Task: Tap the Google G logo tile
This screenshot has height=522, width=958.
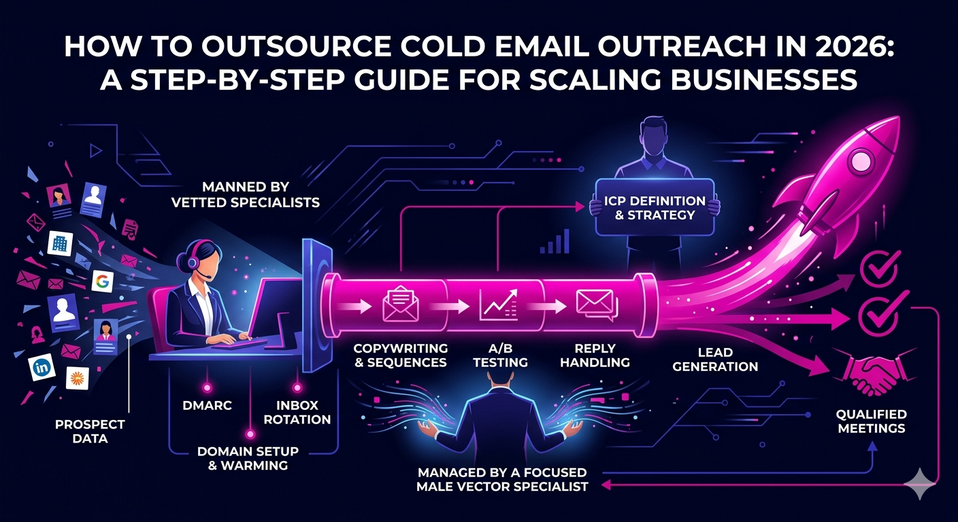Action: tap(103, 281)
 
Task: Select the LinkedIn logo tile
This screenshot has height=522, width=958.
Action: tap(42, 367)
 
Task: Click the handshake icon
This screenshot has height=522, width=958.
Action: tap(874, 372)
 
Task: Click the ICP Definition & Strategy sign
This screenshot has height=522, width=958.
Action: tap(655, 207)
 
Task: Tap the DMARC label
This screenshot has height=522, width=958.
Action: tap(207, 405)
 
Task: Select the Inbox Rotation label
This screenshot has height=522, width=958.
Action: tap(297, 412)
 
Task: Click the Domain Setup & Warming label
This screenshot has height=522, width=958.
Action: tap(248, 458)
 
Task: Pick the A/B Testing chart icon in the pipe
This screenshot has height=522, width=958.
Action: tap(499, 305)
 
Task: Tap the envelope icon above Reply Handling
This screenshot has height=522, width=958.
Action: tap(597, 304)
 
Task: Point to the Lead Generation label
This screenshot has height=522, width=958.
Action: tap(715, 360)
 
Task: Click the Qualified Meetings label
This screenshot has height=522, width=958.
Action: tap(871, 421)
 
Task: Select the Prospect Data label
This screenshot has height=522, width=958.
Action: tap(90, 432)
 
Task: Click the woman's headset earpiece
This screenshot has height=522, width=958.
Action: tap(193, 261)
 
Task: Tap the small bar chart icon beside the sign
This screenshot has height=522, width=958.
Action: tap(555, 241)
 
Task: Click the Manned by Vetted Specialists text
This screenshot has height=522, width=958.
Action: tap(246, 194)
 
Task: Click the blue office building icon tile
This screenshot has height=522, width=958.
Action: tap(59, 243)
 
